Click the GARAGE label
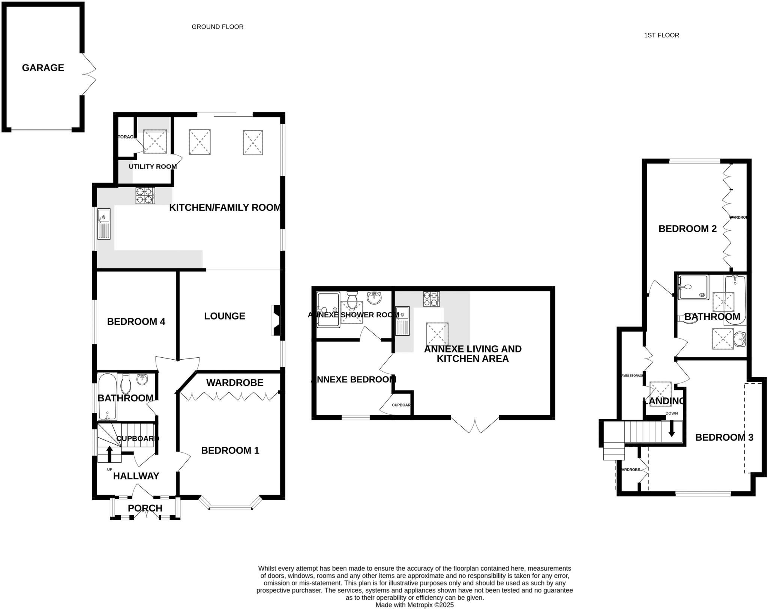coord(43,68)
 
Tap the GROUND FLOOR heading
coord(217,27)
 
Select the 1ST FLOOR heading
coord(661,35)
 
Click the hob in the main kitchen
coord(145,195)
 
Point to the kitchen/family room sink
coord(104,224)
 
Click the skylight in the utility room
coord(155,141)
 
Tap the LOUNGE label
coord(224,316)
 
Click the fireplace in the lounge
coord(276,320)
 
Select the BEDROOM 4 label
coord(136,321)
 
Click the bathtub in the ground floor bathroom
coord(107,396)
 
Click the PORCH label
coord(145,508)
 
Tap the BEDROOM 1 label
coord(230,450)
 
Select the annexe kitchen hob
coord(431,299)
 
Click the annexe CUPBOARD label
coord(401,405)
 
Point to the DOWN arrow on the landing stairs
coord(672,428)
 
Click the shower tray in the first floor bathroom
coord(693,287)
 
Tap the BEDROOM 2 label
coord(687,229)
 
